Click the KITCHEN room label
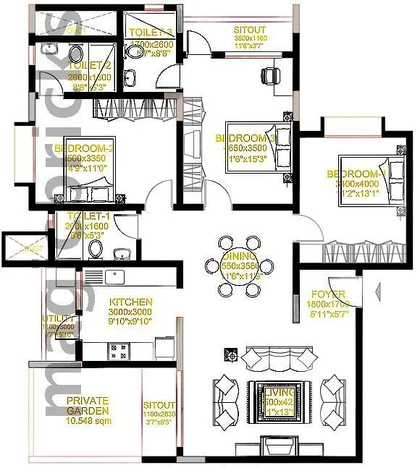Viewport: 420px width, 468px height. click(130, 302)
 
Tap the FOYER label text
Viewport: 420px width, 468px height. click(327, 294)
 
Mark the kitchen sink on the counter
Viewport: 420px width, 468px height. click(114, 276)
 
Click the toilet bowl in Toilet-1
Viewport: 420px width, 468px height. click(96, 250)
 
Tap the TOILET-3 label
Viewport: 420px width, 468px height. click(150, 33)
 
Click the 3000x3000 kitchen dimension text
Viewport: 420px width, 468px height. click(131, 312)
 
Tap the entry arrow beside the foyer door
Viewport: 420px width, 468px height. click(377, 292)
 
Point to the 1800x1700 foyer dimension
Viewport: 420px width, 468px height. click(328, 305)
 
